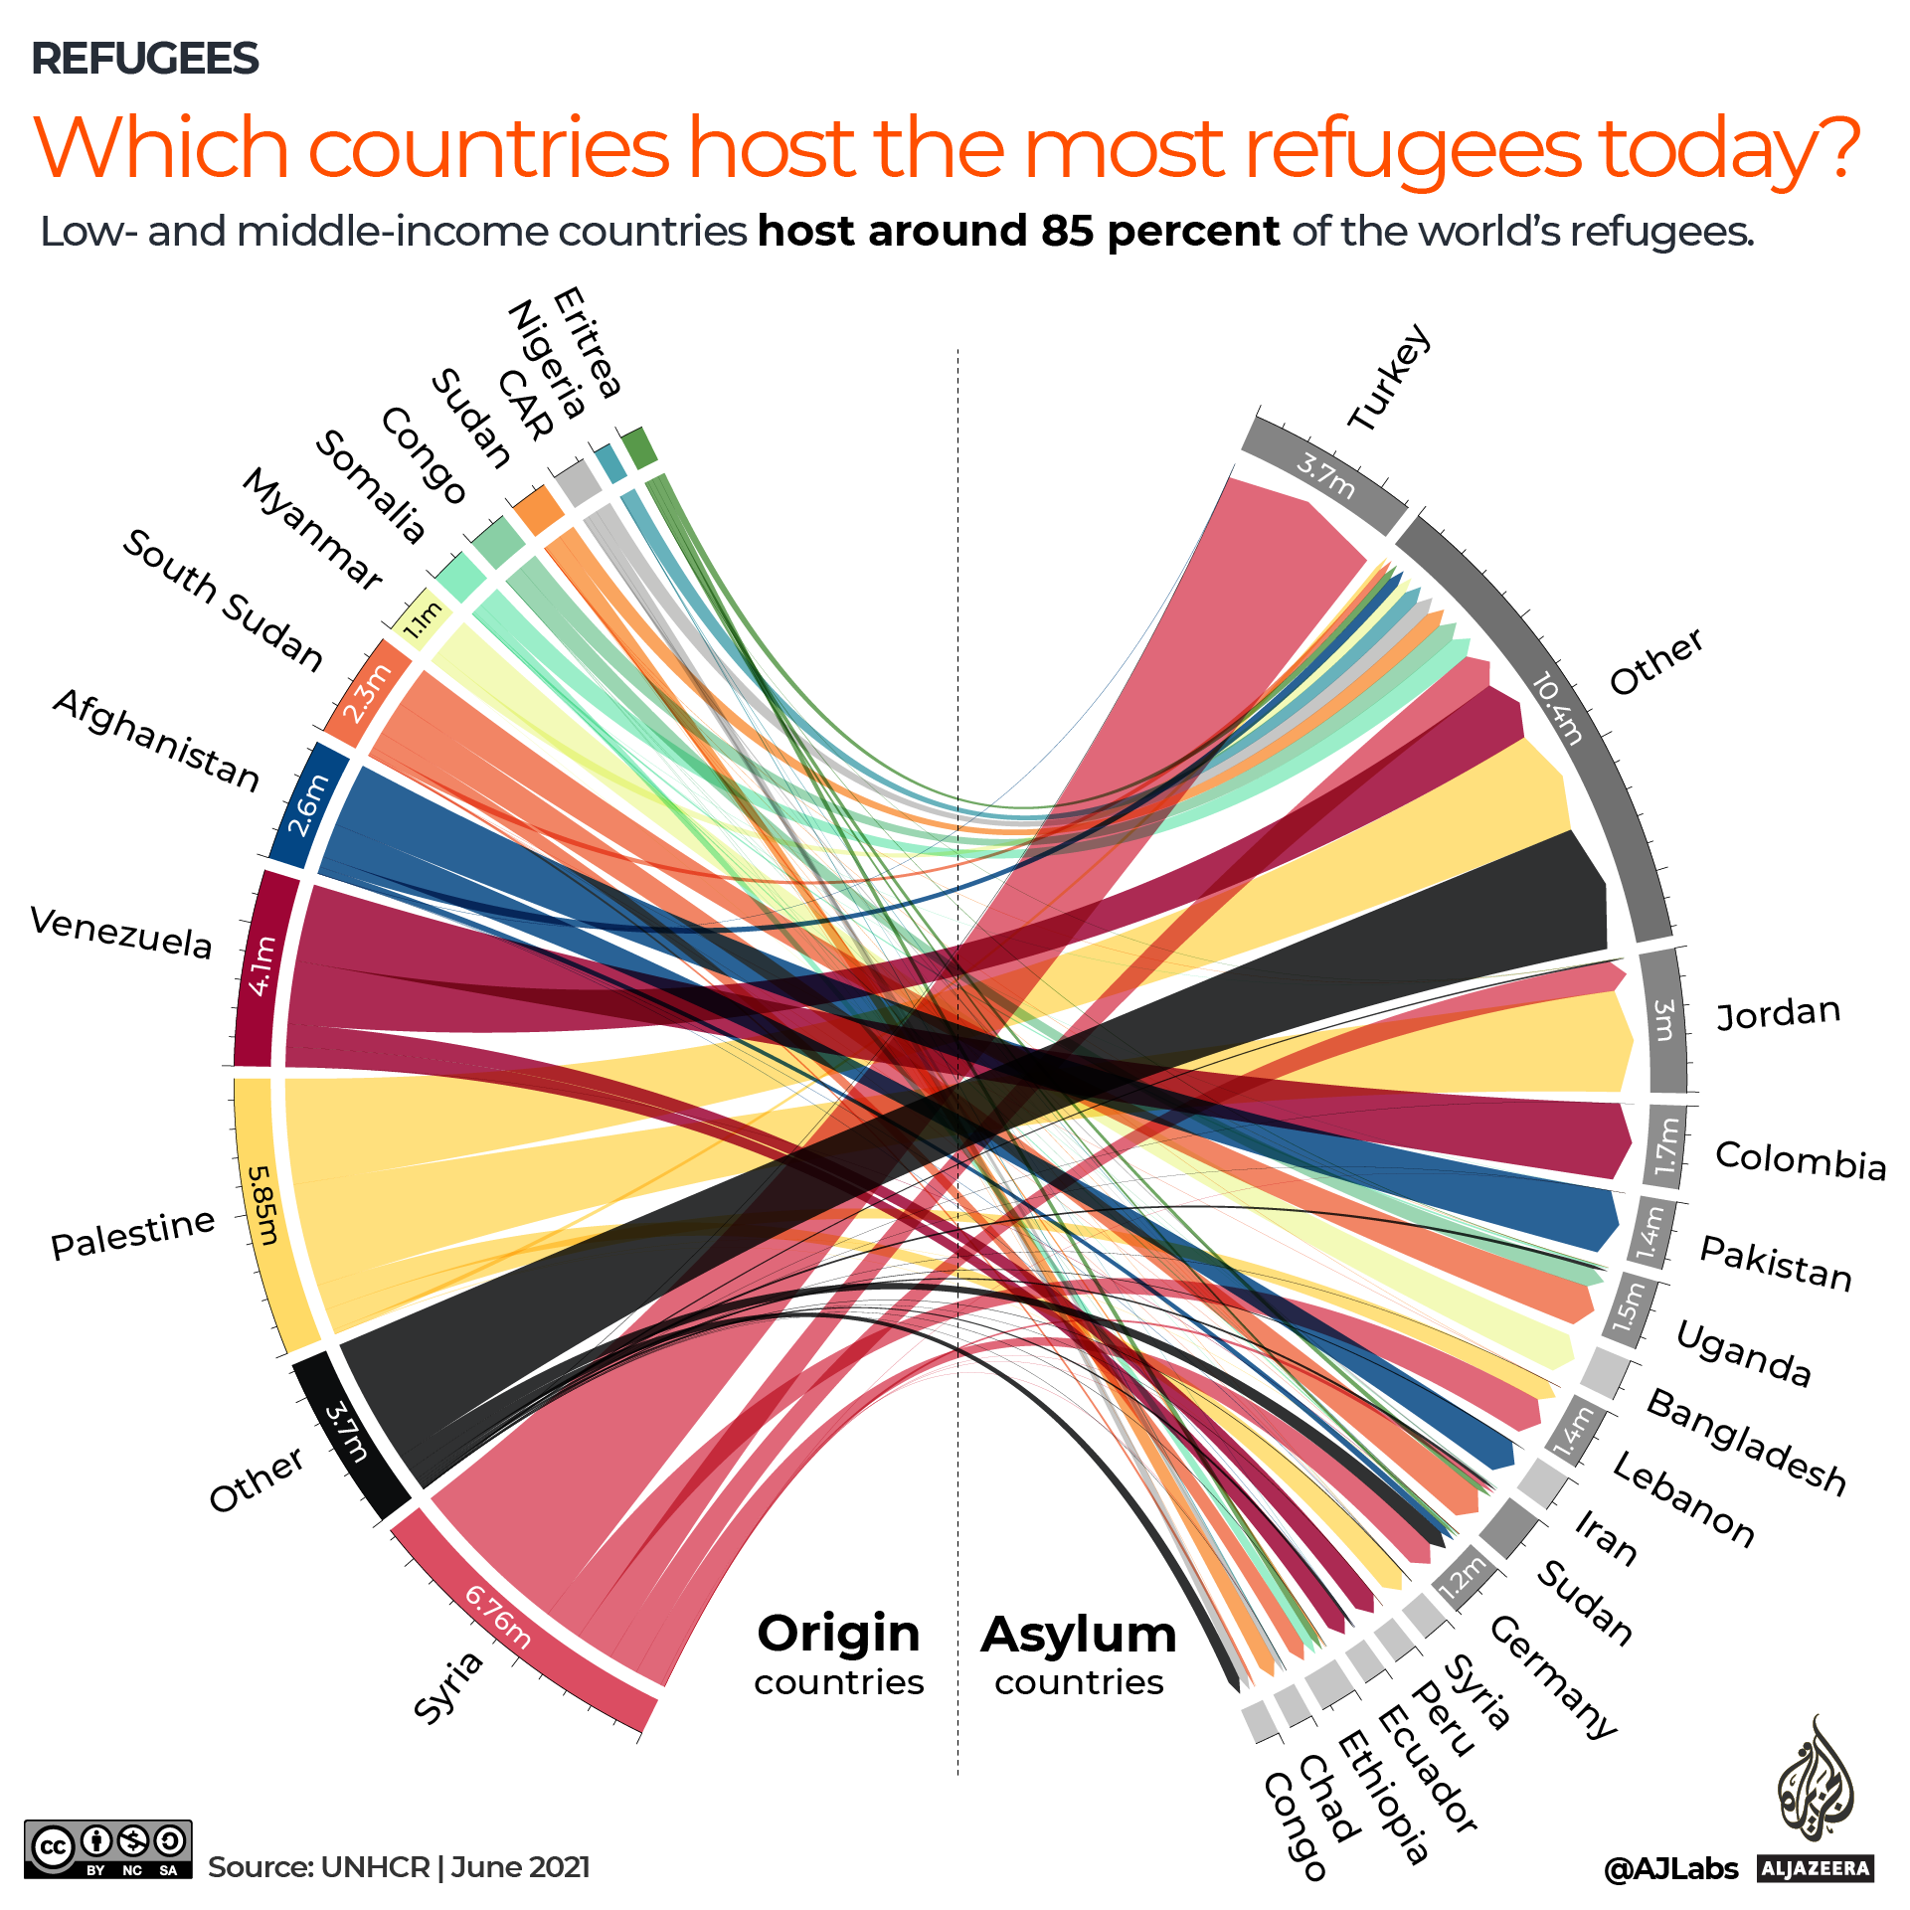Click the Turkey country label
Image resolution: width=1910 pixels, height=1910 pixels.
pos(1390,378)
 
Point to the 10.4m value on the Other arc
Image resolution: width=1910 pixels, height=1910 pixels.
pos(1557,708)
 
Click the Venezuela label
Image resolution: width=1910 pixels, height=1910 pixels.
pos(121,933)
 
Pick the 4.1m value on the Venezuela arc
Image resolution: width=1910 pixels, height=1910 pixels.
pos(260,965)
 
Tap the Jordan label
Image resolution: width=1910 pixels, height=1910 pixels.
pos(1779,1013)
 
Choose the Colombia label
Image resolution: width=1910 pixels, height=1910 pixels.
pos(1801,1159)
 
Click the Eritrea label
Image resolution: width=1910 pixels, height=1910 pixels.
pos(587,342)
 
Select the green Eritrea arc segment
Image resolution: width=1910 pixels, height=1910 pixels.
pos(639,447)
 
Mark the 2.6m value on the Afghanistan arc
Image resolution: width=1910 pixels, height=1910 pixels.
pos(307,805)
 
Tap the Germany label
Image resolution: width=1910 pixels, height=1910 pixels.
pos(1553,1676)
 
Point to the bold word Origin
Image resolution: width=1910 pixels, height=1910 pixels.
pos(838,1634)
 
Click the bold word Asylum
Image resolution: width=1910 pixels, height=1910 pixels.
pos(1079,1635)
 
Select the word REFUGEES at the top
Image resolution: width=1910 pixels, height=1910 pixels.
pos(145,59)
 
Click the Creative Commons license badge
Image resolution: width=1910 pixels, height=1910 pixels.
pos(107,1848)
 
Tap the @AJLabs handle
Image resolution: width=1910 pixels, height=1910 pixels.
pos(1670,1869)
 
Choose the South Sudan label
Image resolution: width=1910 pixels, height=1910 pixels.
pos(223,601)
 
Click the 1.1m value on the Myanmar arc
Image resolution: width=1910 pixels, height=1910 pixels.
pos(421,619)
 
